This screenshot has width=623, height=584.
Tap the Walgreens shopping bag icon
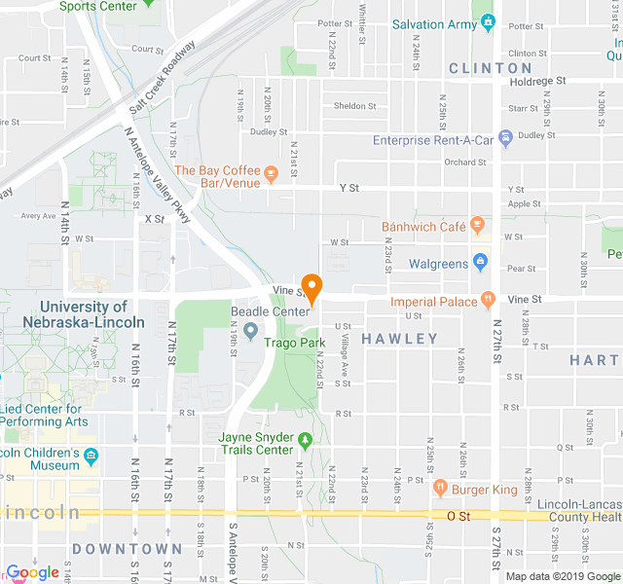479,262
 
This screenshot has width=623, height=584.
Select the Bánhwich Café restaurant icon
477,226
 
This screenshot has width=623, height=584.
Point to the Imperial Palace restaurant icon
487,301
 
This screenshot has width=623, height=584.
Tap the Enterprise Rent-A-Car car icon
505,140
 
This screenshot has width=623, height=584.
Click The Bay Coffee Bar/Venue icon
272,174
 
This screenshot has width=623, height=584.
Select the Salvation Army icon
488,22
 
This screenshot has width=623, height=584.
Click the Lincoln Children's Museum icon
92,455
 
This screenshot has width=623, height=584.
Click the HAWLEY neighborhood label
400,339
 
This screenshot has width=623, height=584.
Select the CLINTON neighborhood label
491,69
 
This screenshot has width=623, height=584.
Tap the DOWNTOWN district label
127,549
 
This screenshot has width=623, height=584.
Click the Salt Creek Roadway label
162,74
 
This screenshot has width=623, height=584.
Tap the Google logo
33,572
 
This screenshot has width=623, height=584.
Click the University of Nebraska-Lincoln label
72,314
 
